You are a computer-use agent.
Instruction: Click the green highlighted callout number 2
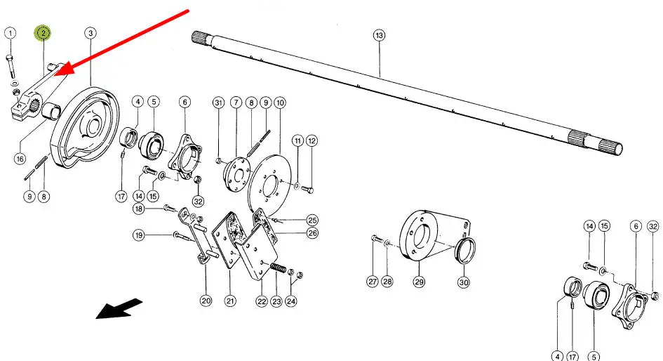pos(43,33)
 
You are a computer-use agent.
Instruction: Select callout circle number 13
pos(379,34)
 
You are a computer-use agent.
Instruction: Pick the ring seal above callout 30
pos(467,249)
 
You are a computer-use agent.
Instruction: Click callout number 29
pos(419,282)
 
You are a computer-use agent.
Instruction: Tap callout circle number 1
pos(10,33)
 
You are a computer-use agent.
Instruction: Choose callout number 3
pos(91,33)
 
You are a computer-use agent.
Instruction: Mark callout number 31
pos(218,103)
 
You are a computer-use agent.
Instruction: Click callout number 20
pos(206,301)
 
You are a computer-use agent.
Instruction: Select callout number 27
pos(373,282)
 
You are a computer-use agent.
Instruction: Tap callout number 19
pos(140,235)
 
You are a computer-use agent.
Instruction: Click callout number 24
pos(291,301)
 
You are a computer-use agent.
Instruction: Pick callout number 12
pos(312,140)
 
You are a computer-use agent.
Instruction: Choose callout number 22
pos(260,301)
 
